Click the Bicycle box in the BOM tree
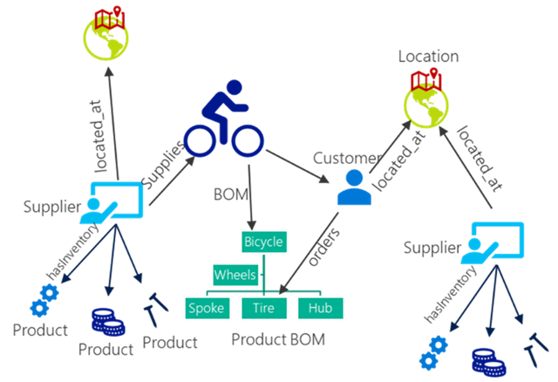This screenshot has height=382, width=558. click(x=264, y=241)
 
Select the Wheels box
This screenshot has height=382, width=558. click(x=235, y=275)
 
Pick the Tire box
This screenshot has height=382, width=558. click(x=264, y=308)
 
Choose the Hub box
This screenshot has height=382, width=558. click(x=321, y=308)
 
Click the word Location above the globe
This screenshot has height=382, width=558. click(x=428, y=57)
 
